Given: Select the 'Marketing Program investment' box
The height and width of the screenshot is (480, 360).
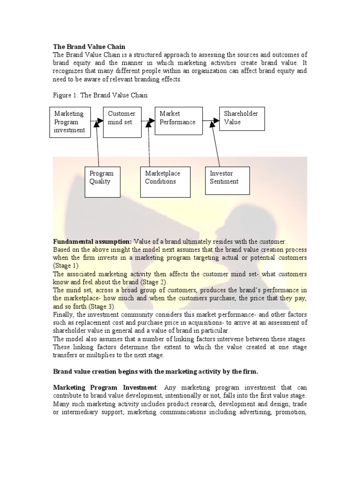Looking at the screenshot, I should [x=70, y=122].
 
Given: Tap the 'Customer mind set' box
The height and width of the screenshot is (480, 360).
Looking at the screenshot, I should [x=122, y=122].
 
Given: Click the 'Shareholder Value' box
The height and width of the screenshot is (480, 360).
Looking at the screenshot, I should [x=242, y=119].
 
